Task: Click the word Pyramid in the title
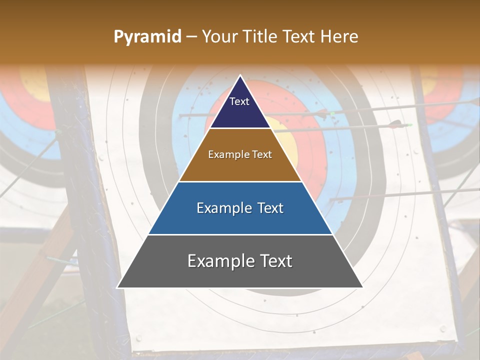click(147, 37)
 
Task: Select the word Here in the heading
click(339, 36)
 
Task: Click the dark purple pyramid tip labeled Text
click(239, 107)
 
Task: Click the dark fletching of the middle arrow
click(395, 123)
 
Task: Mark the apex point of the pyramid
click(240, 75)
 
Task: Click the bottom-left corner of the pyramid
click(117, 288)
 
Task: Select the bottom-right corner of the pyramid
click(363, 288)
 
